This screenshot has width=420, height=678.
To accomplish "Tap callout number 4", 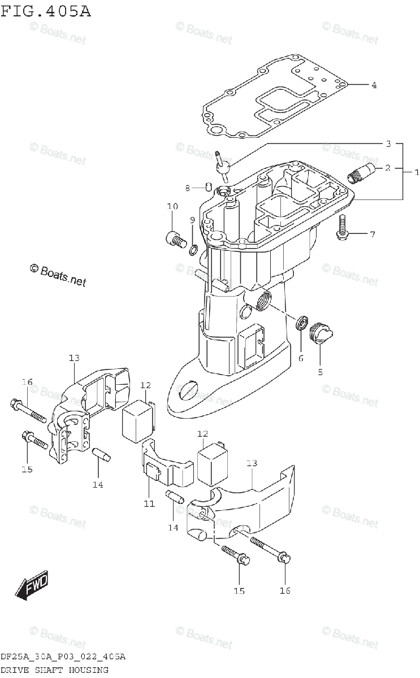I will coord(374,85).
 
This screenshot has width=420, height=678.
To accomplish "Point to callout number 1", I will coord(417,172).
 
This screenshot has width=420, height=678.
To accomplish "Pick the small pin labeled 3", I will coord(223,164).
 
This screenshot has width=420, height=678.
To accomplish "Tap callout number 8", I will coord(186,188).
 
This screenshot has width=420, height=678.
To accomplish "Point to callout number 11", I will coord(148,503).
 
